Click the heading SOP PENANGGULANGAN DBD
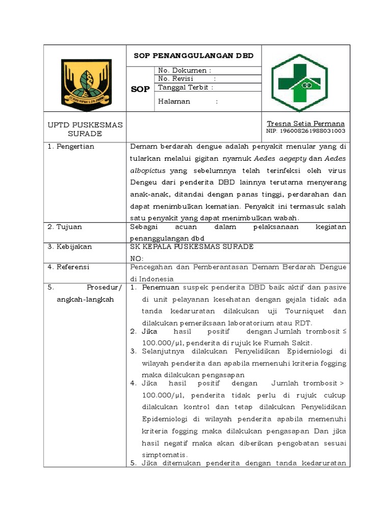(x=193, y=55)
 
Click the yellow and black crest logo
(x=85, y=82)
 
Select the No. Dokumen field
(x=185, y=70)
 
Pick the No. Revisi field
(x=187, y=79)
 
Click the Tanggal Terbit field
(x=185, y=88)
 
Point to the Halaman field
(x=188, y=101)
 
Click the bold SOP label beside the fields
(x=140, y=89)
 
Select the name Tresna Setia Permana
(x=305, y=124)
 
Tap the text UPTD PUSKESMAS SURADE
(x=85, y=129)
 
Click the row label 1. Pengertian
(x=71, y=147)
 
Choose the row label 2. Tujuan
(x=65, y=227)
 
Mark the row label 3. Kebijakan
(x=70, y=247)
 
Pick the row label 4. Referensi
(x=69, y=267)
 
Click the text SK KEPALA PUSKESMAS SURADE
(x=192, y=247)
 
